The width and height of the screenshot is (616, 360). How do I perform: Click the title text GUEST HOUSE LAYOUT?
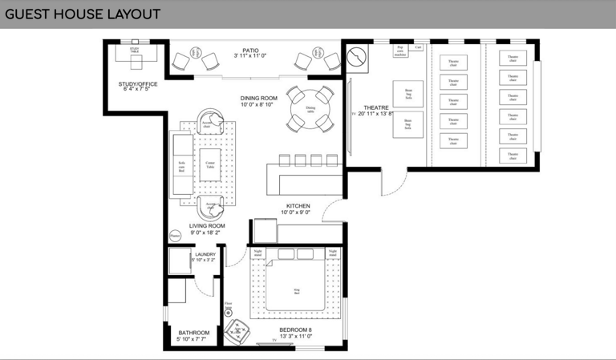(83, 14)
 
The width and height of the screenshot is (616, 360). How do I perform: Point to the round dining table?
(310, 108)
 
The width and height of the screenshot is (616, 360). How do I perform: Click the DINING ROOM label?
(258, 99)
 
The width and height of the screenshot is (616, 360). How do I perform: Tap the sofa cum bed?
(182, 165)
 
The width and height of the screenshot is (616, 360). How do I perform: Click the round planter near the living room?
(176, 236)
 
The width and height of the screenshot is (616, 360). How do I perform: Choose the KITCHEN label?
(298, 206)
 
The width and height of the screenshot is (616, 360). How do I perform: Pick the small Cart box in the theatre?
(418, 47)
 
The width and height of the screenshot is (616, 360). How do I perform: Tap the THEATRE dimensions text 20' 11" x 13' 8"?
(375, 115)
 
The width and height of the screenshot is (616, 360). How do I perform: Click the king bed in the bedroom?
(297, 287)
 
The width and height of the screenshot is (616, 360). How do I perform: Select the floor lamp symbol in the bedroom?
(229, 310)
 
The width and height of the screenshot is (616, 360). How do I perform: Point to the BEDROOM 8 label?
(295, 330)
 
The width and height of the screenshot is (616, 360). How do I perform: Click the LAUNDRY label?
(205, 255)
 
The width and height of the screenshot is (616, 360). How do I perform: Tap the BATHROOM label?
(193, 333)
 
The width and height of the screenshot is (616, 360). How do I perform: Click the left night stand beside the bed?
(257, 253)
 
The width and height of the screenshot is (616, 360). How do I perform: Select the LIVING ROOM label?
(207, 226)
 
